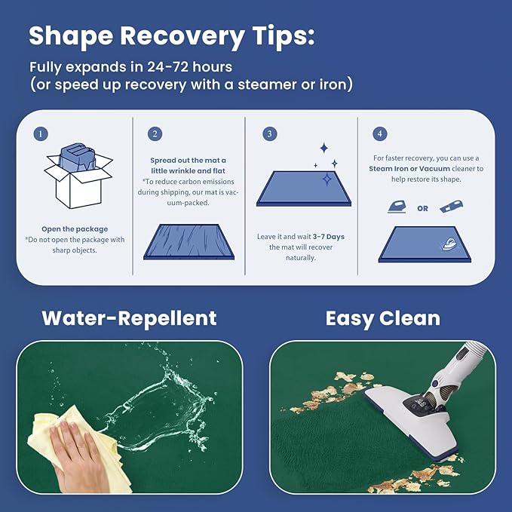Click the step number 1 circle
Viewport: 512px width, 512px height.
pos(41,134)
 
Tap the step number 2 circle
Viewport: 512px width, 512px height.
pos(155,134)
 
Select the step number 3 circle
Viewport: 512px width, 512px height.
pos(270,134)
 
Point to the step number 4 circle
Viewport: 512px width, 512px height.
pos(380,134)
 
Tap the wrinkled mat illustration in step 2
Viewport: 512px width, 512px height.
pos(189,242)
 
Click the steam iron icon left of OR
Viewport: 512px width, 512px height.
pos(397,207)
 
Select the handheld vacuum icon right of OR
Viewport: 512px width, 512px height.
pos(451,207)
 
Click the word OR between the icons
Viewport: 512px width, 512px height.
pos(422,208)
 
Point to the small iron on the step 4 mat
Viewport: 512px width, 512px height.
pos(449,244)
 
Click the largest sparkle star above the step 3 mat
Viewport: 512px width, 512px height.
pos(327,179)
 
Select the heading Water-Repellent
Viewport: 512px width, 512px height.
pos(129,318)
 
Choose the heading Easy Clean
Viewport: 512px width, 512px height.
pos(383,319)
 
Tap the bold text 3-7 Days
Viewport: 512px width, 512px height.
pos(329,237)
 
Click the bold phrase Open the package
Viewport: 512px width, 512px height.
pos(75,229)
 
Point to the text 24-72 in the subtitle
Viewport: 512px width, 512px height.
pos(167,67)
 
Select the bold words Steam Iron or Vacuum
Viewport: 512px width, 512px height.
pos(409,169)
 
